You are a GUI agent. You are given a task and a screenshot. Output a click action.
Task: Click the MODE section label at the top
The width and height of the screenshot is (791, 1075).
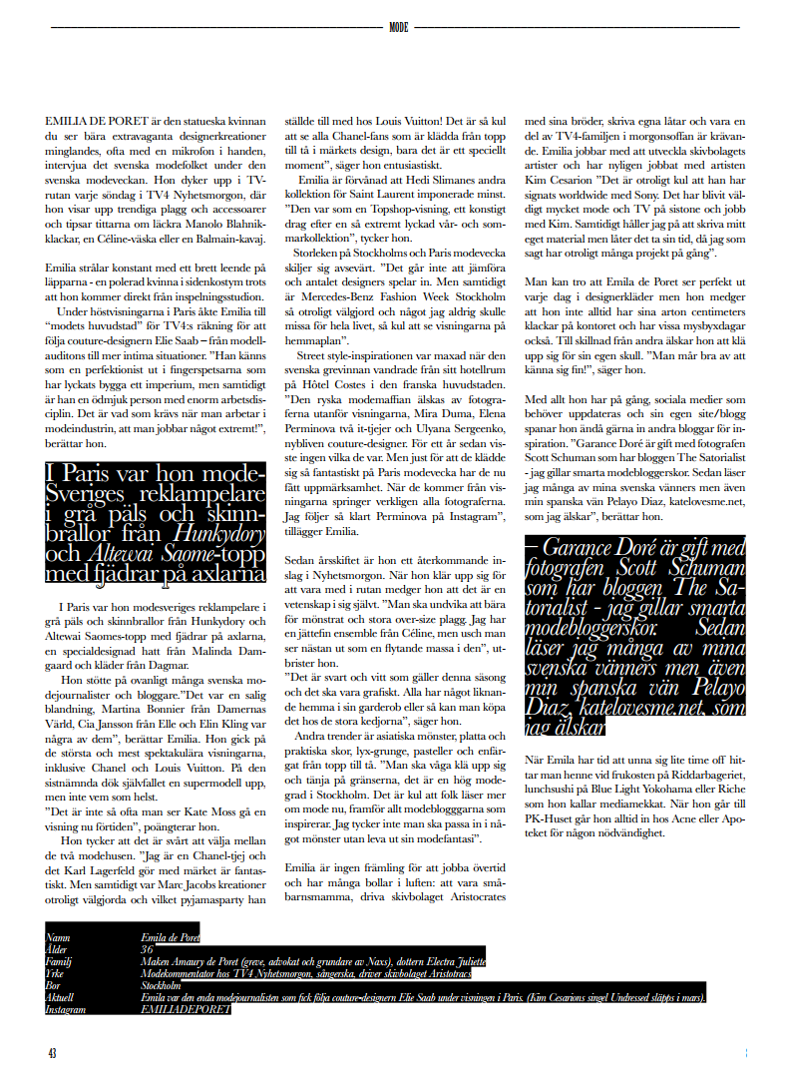(398, 28)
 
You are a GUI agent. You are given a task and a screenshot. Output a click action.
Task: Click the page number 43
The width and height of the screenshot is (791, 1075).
(52, 1053)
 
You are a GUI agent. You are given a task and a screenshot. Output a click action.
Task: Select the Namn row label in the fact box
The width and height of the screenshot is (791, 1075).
(57, 938)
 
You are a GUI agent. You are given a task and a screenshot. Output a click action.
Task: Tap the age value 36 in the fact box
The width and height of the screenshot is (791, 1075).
(147, 950)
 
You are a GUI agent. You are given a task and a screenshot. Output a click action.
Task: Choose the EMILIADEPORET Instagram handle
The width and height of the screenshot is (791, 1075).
(186, 1009)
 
